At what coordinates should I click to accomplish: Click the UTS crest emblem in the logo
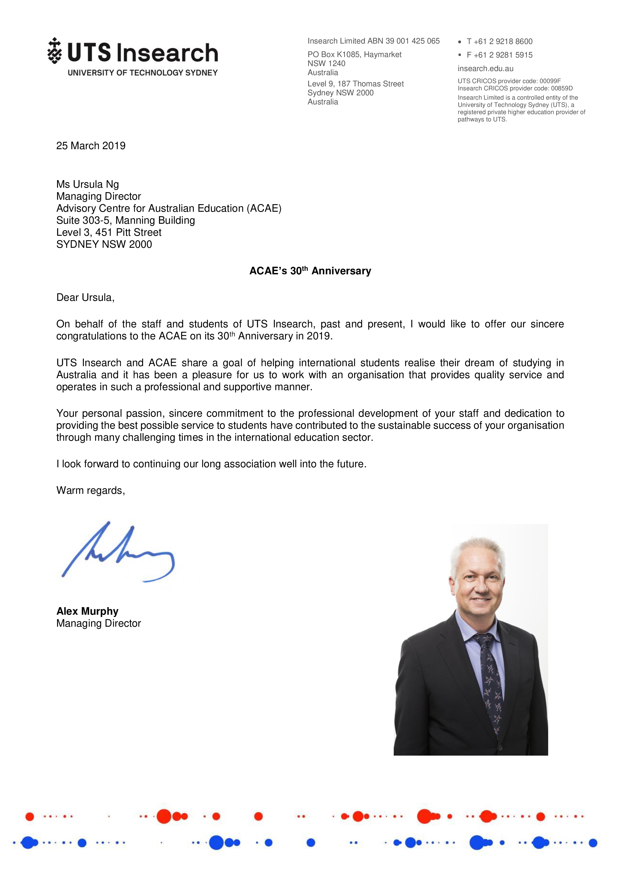pyautogui.click(x=55, y=51)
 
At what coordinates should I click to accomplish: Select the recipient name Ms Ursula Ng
pyautogui.click(x=88, y=184)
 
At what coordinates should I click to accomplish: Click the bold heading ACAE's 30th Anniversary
pyautogui.click(x=310, y=271)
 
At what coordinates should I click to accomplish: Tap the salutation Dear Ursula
pyautogui.click(x=85, y=298)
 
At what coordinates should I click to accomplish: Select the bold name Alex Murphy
pyautogui.click(x=87, y=611)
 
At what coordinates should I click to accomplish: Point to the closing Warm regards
pyautogui.click(x=91, y=491)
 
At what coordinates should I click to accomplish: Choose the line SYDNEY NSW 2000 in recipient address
pyautogui.click(x=104, y=244)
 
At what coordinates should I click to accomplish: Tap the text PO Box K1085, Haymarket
pyautogui.click(x=354, y=55)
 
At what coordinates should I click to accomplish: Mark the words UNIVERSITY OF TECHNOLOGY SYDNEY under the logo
pyautogui.click(x=143, y=73)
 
